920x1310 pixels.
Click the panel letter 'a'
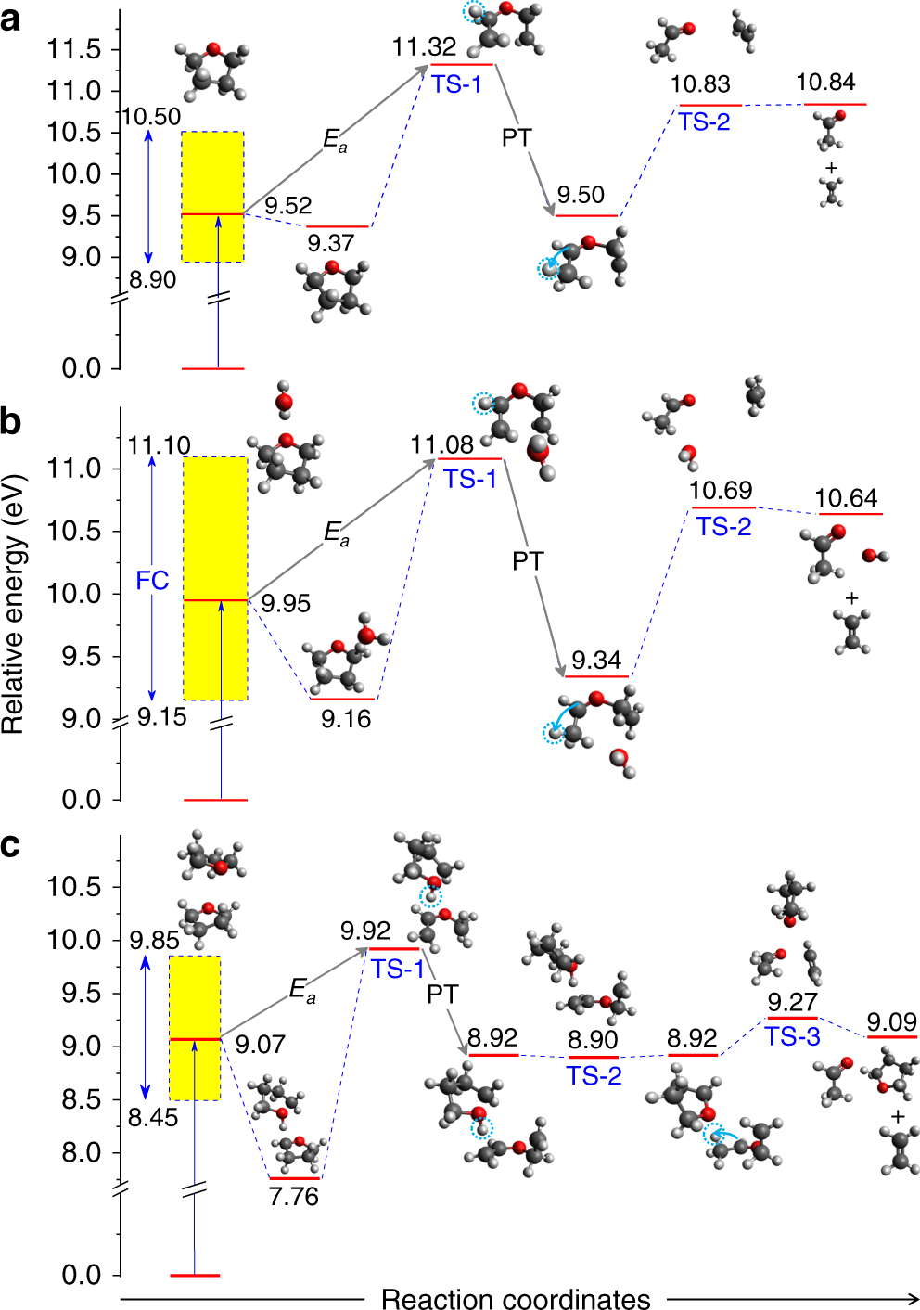coord(10,19)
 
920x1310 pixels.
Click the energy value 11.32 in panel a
coord(424,46)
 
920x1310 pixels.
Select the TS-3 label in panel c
coord(792,1036)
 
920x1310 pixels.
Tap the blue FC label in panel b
coord(152,581)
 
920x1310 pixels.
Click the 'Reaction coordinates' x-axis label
coord(516,1299)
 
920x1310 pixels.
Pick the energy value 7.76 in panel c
coord(294,1196)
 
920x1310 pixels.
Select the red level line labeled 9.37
coord(338,226)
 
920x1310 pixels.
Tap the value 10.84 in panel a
coord(825,83)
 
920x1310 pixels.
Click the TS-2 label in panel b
coord(723,527)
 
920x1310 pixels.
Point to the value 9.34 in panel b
coord(596,660)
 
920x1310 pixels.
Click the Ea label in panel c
coord(302,990)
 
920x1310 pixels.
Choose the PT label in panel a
coord(517,137)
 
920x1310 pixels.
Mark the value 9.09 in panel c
coord(891,1021)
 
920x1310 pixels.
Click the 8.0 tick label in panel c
coord(81,1152)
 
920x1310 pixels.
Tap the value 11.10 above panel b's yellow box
coord(159,445)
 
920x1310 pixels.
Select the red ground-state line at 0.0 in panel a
coord(212,368)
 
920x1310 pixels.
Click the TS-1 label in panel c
coord(398,969)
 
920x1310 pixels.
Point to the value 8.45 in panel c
coord(153,1117)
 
